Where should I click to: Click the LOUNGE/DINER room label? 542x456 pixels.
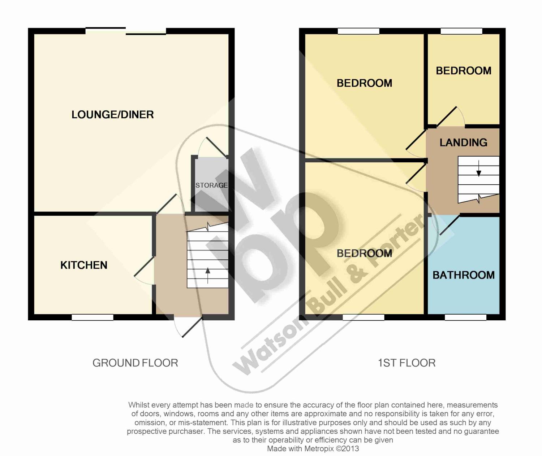click(113, 115)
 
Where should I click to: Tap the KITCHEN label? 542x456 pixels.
click(84, 265)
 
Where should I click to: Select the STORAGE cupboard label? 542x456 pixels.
click(211, 185)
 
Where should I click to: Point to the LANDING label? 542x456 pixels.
click(463, 142)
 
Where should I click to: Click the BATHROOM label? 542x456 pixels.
click(464, 275)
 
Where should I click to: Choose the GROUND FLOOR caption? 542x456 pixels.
click(135, 363)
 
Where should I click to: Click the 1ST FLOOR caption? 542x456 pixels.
click(406, 363)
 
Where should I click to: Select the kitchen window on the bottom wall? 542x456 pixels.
click(93, 317)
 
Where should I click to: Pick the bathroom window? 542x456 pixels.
click(465, 317)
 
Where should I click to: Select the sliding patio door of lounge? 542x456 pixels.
click(126, 31)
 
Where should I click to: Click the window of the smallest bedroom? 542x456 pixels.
click(461, 31)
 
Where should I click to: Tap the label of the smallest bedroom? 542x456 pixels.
click(464, 71)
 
